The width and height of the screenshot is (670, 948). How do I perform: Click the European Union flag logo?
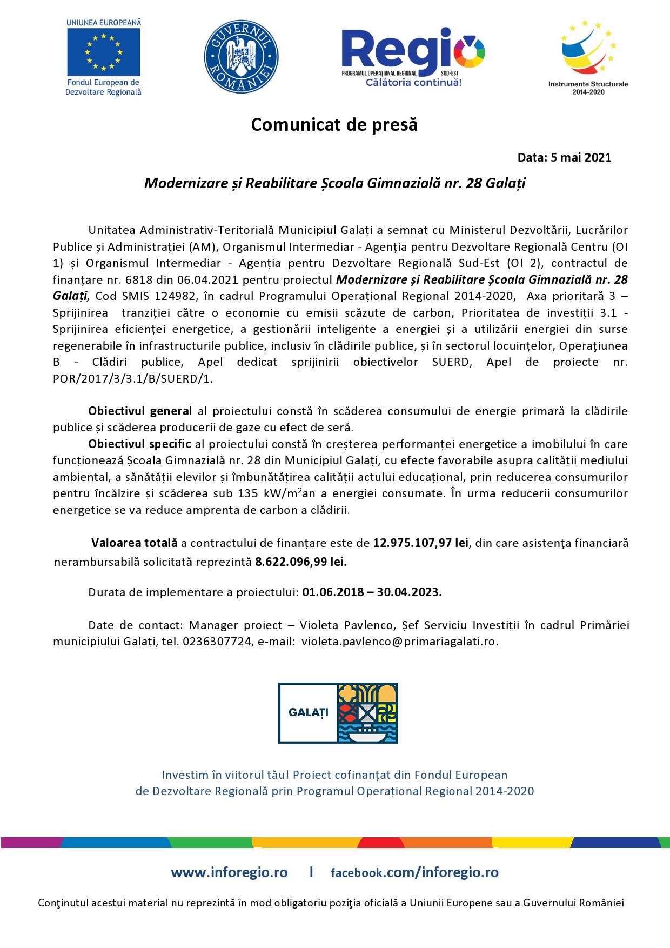coord(103,52)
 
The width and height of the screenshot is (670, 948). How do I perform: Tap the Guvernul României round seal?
coord(241,57)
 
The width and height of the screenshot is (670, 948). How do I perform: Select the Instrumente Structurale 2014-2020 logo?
coord(588,57)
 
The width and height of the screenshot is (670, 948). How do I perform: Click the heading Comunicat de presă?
coord(334,125)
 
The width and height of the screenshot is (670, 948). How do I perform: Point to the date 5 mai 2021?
coord(581,158)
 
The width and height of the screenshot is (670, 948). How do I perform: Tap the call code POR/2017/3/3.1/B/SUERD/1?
coord(132,379)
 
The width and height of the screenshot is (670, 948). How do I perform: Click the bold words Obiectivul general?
coord(140,411)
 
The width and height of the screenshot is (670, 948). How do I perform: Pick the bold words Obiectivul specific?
coord(139,444)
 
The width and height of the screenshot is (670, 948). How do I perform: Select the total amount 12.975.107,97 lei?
coord(420,543)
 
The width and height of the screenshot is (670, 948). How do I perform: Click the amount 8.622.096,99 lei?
coord(300,562)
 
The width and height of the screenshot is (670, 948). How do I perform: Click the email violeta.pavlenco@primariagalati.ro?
coord(399,642)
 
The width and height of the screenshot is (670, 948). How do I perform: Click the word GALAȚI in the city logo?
coord(308,713)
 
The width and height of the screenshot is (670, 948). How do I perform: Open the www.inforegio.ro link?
coord(229,872)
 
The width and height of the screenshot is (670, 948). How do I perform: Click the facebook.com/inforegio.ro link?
coord(414,872)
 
